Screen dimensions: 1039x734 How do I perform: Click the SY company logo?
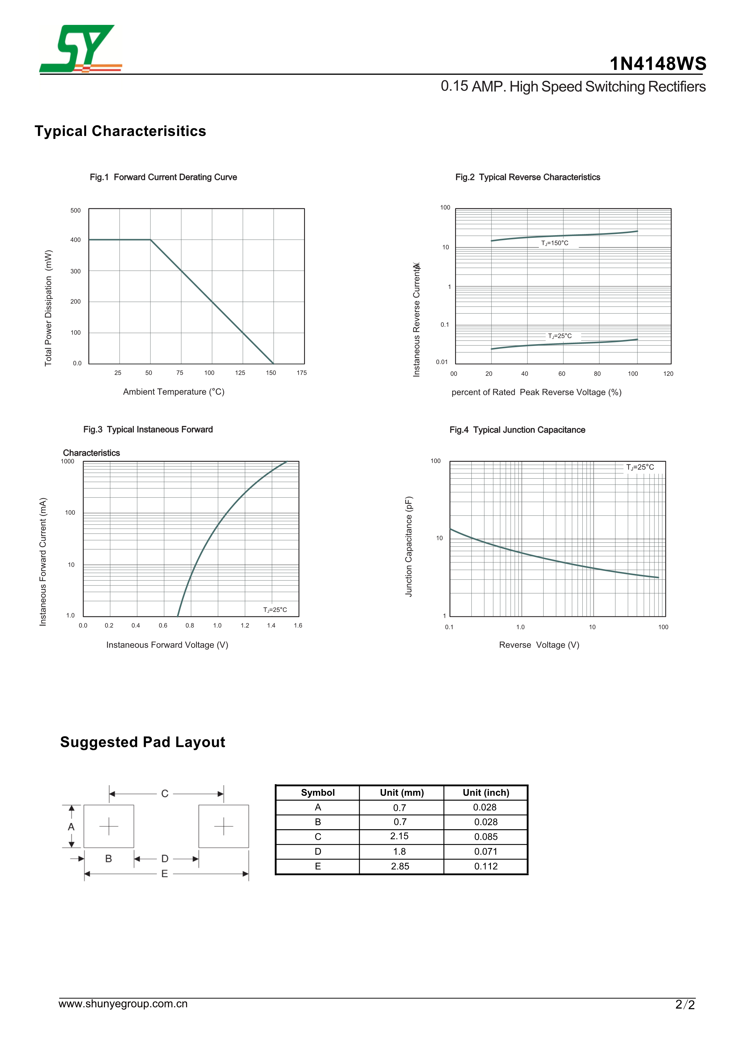(x=81, y=49)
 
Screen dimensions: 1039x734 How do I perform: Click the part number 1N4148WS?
(x=658, y=64)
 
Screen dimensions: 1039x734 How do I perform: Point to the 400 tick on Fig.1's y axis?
(x=76, y=240)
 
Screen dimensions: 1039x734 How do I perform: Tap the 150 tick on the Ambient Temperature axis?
(x=271, y=373)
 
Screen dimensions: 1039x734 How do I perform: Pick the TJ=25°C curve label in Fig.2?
(x=560, y=336)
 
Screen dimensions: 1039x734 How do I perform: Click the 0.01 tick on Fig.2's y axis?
(x=442, y=362)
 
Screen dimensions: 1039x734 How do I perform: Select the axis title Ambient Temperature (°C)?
(x=174, y=392)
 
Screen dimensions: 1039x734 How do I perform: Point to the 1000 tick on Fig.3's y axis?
(x=68, y=461)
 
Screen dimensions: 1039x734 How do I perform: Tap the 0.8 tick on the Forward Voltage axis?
(x=190, y=626)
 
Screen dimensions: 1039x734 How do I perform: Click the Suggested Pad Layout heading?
(x=142, y=742)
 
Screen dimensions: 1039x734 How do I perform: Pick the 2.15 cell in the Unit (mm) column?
(x=399, y=836)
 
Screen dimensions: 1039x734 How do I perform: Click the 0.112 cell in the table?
(x=486, y=866)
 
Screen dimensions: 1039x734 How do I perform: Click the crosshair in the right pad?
(x=224, y=826)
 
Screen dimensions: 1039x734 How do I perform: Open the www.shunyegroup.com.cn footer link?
(x=123, y=1004)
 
